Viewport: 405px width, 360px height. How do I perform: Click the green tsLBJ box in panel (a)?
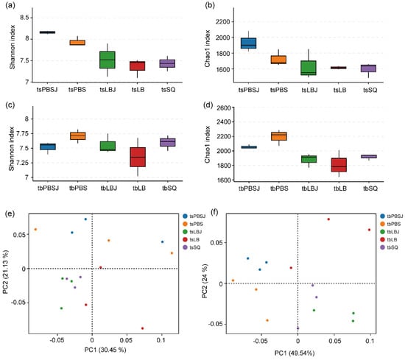click(x=108, y=60)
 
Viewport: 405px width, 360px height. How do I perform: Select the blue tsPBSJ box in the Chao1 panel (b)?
click(x=248, y=43)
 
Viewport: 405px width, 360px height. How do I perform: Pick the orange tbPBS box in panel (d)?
click(x=278, y=136)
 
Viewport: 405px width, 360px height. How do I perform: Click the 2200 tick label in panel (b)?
click(x=223, y=21)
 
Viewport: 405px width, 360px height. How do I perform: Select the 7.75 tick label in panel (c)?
click(x=24, y=134)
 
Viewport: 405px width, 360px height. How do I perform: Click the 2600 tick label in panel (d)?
click(x=223, y=107)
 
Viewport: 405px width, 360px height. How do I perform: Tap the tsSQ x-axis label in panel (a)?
click(x=168, y=90)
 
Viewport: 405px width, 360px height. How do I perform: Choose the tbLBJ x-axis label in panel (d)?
click(x=310, y=188)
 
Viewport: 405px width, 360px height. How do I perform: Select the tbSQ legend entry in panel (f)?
click(x=390, y=247)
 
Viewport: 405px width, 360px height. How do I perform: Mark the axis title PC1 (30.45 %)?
click(x=105, y=350)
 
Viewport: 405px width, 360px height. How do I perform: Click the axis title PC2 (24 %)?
click(x=205, y=281)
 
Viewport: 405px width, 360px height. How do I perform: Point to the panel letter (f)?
click(x=214, y=212)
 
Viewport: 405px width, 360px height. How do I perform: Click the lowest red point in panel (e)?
click(x=142, y=328)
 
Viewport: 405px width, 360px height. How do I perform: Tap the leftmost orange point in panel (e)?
click(x=35, y=230)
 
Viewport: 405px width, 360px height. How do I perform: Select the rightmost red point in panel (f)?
click(x=369, y=230)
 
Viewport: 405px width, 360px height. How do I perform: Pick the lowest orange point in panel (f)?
click(x=267, y=320)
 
